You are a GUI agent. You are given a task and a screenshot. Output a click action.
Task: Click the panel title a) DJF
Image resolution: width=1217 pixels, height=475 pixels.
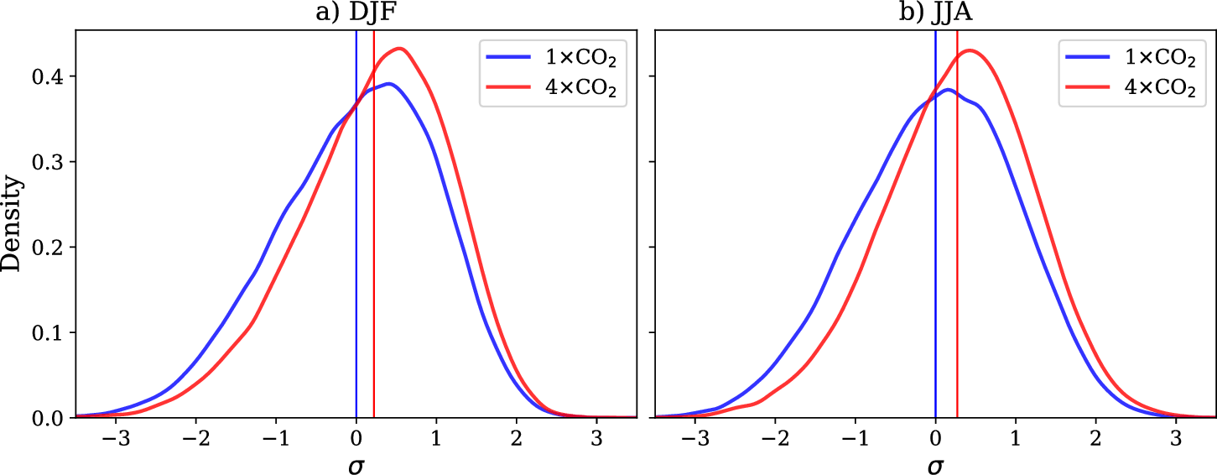[356, 13]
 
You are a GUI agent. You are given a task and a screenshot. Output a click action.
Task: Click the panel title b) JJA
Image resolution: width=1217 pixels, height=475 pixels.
[934, 13]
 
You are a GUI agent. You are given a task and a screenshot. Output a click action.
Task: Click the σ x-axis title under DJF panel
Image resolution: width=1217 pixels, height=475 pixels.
[356, 462]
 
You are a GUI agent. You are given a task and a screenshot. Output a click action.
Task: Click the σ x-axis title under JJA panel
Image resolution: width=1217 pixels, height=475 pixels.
[934, 462]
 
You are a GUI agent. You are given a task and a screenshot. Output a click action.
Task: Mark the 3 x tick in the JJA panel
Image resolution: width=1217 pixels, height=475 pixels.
[1176, 437]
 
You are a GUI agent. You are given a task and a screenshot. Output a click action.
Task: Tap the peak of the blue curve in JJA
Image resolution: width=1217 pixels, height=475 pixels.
[947, 90]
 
